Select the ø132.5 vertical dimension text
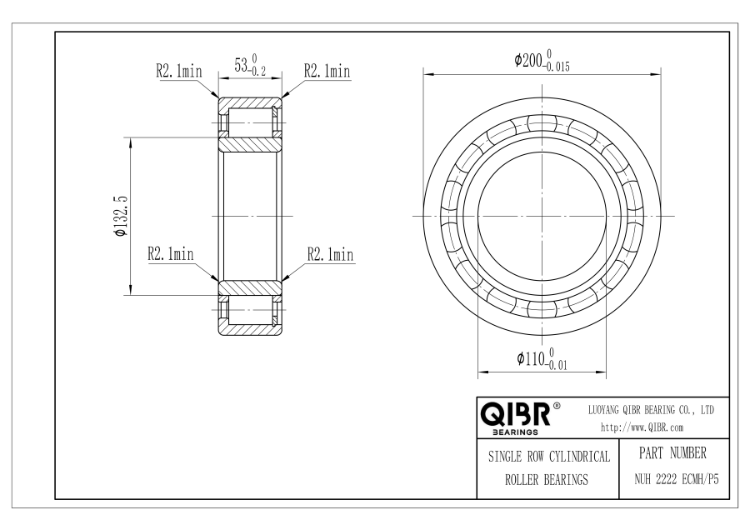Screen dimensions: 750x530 pyautogui.click(x=120, y=216)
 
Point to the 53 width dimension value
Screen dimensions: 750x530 pyautogui.click(x=241, y=64)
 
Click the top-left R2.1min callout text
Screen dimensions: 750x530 pyautogui.click(x=179, y=72)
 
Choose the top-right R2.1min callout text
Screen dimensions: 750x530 pyautogui.click(x=327, y=72)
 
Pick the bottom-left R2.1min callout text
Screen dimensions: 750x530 pyautogui.click(x=171, y=253)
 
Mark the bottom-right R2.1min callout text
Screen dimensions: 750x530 pyautogui.click(x=331, y=254)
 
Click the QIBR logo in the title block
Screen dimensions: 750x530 pyautogui.click(x=516, y=414)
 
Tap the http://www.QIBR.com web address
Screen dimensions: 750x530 pyautogui.click(x=642, y=427)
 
